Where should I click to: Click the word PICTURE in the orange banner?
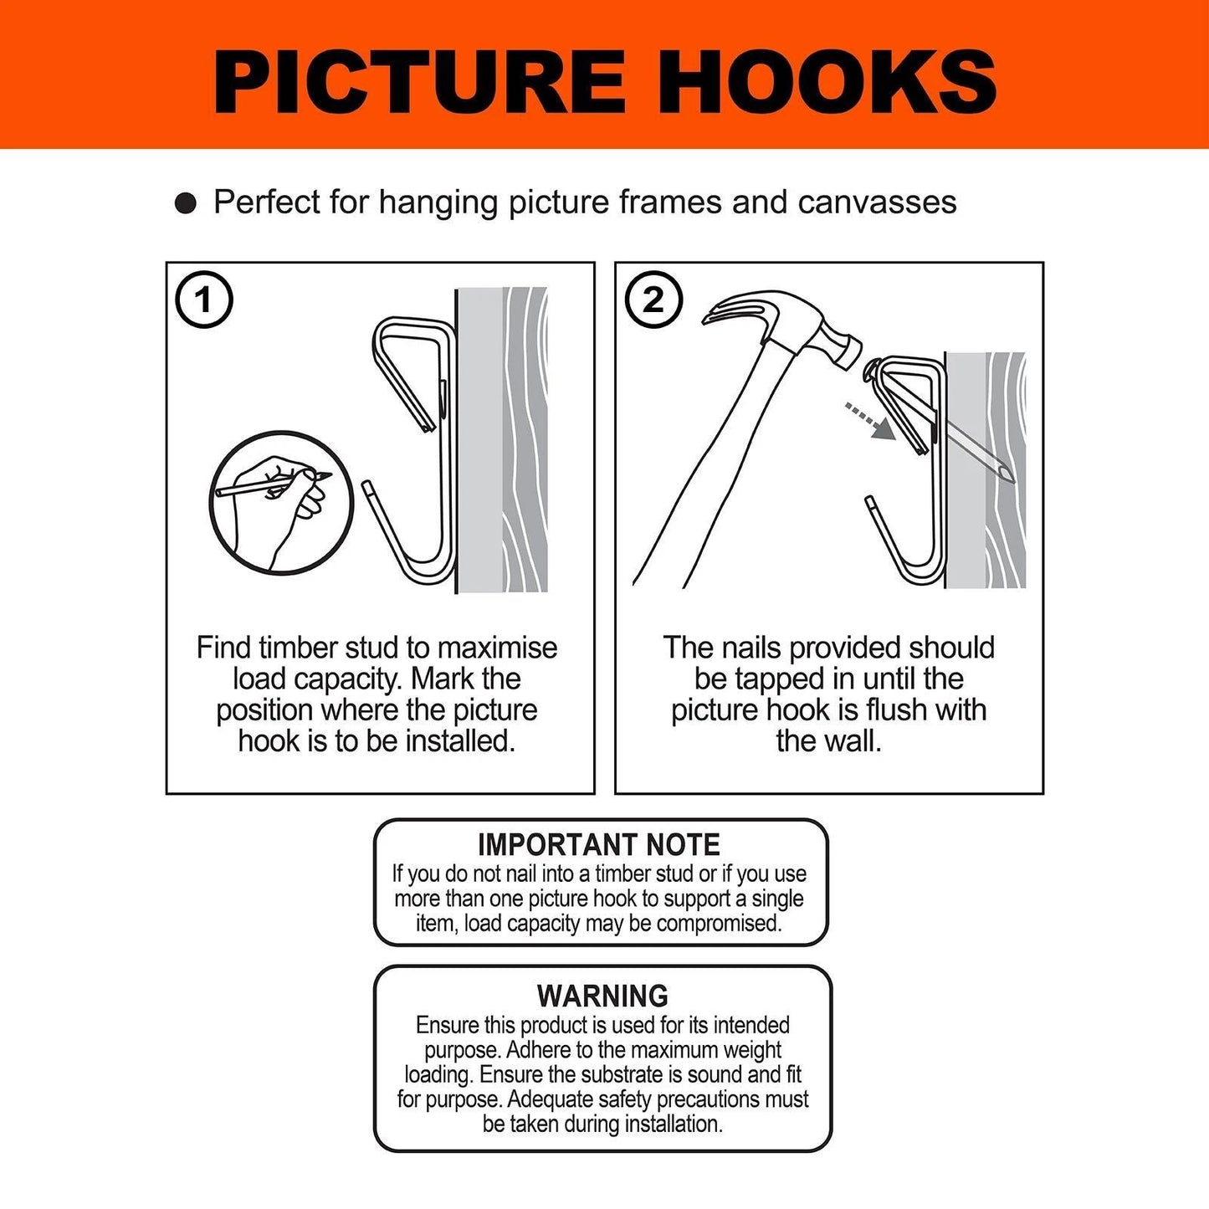coord(418,82)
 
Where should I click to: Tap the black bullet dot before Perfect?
coord(186,203)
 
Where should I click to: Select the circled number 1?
coord(203,300)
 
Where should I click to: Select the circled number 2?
coord(653,300)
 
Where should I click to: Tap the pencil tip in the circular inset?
coord(326,476)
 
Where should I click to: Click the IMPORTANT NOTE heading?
coord(599,845)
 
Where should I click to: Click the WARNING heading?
coord(602,996)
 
